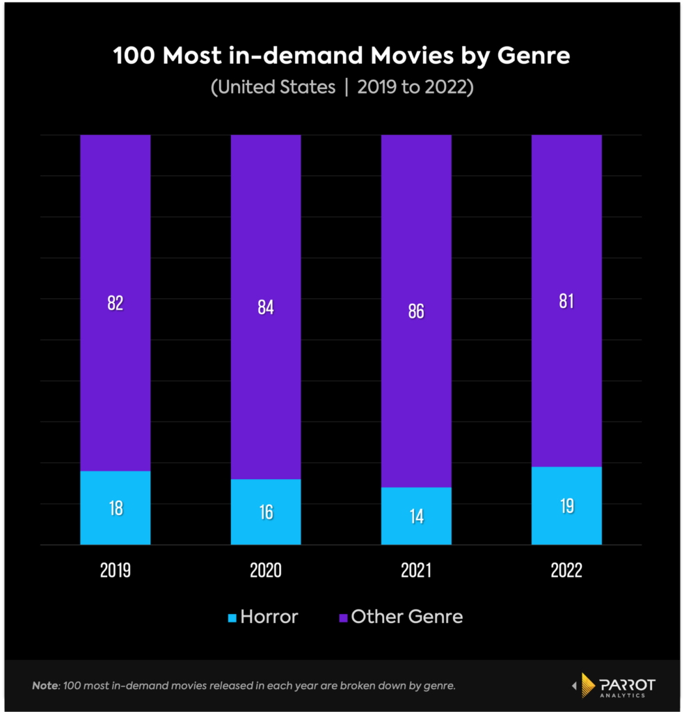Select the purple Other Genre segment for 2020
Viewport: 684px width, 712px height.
(266, 389)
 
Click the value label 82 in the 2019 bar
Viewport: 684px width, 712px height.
(116, 303)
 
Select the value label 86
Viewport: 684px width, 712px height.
(416, 311)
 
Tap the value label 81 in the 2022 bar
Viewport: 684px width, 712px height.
(566, 302)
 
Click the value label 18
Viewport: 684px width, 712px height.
(116, 508)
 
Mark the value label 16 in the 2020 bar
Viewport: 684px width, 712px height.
(266, 512)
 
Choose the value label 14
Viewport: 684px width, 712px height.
(416, 517)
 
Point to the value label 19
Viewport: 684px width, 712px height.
(566, 506)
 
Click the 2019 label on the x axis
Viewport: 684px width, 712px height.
(116, 571)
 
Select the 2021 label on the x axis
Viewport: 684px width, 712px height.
(416, 571)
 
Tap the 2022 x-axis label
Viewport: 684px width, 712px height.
(566, 571)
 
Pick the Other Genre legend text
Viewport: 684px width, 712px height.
(407, 617)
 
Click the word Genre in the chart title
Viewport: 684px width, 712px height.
(533, 56)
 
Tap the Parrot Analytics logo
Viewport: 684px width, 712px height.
(613, 686)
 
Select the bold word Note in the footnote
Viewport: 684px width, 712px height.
(45, 686)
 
